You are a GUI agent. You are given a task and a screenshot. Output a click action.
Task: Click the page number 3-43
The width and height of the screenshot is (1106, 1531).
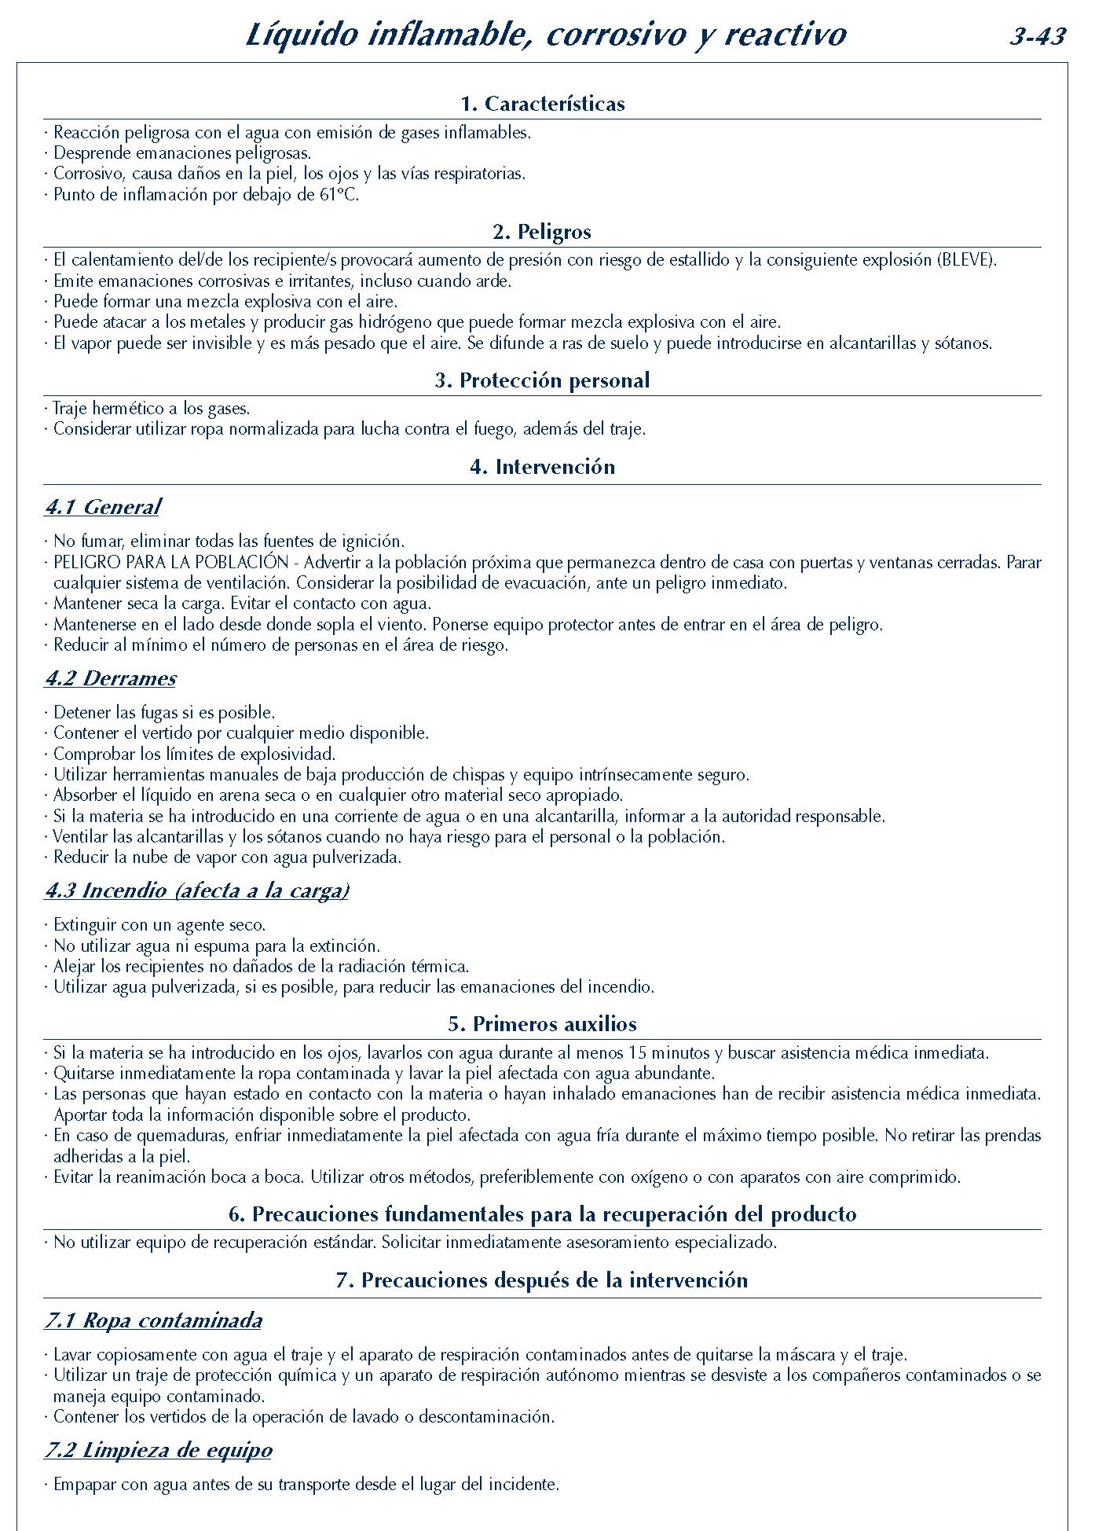1038,37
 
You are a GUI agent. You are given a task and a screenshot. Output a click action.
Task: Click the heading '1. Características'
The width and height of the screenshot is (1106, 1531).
542,104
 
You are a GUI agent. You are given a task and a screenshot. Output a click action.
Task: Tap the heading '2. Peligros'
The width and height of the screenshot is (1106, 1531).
542,232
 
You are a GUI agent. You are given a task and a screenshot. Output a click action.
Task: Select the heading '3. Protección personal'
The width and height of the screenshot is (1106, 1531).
542,380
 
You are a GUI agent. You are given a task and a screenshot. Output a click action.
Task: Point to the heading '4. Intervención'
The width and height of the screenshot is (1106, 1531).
542,467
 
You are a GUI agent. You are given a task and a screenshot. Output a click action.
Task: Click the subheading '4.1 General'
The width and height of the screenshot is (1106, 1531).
102,507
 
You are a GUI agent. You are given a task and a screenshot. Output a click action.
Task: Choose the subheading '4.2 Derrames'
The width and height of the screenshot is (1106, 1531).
110,678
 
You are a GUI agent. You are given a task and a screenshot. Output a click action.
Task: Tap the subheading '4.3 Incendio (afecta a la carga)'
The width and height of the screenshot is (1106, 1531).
196,890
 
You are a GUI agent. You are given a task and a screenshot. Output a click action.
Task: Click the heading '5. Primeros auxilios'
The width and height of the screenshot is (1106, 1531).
542,1024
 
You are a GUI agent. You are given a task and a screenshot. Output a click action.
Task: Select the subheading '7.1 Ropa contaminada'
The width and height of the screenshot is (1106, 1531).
153,1320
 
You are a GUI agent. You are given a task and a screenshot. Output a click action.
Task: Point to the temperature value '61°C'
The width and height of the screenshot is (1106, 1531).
339,195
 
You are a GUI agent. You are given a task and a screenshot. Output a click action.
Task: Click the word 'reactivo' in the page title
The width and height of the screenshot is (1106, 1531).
786,35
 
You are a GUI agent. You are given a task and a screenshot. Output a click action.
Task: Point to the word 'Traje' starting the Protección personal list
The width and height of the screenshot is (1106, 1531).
70,409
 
